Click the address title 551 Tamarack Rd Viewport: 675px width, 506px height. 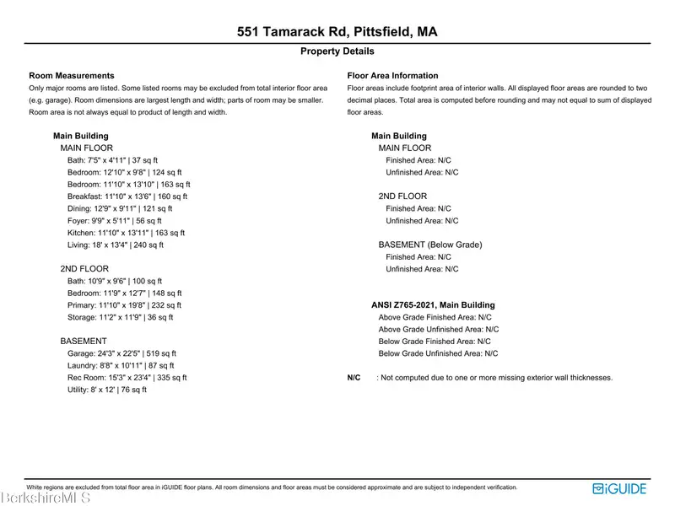coord(337,33)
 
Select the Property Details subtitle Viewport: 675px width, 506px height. coord(337,51)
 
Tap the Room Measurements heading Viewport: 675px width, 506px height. coord(72,76)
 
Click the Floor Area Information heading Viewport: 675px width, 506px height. coord(393,76)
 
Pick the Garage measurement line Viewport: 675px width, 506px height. coord(121,353)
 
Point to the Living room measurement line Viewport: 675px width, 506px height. coord(115,245)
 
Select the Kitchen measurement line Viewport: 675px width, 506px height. coord(126,233)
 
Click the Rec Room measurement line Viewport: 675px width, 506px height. coord(127,378)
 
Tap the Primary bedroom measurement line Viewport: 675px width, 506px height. coord(124,305)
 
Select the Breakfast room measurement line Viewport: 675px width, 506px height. coord(127,196)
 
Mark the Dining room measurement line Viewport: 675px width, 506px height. coord(119,208)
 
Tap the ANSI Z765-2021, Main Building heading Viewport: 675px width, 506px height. coord(433,305)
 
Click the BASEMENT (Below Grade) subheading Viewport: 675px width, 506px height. coord(429,245)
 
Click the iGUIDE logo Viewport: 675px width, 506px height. coord(620,487)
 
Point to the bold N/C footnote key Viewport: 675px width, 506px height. coord(354,378)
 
